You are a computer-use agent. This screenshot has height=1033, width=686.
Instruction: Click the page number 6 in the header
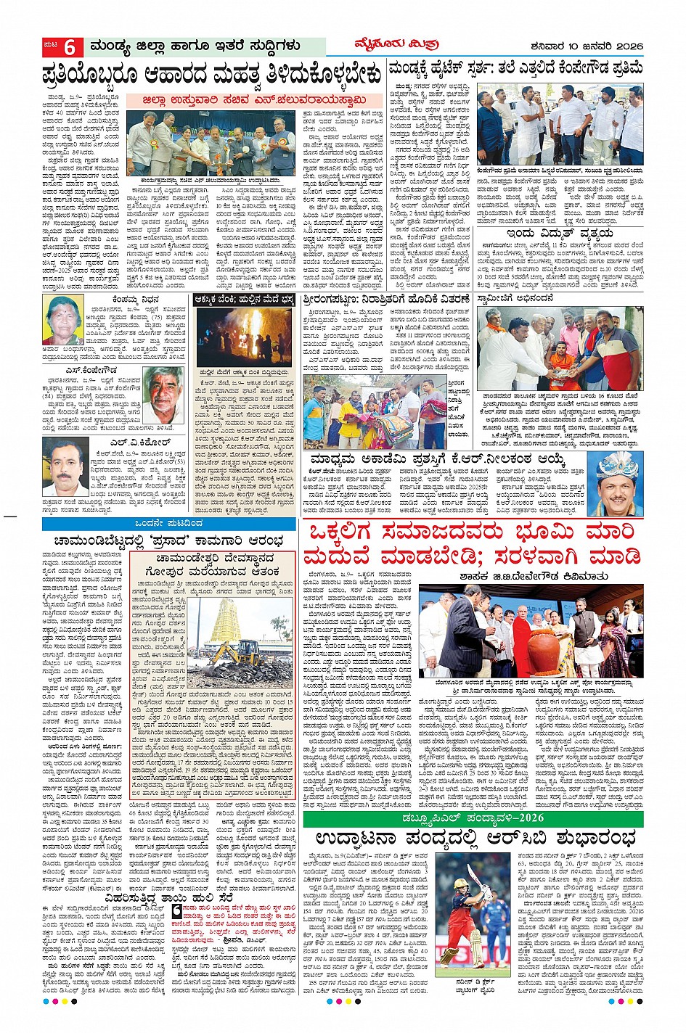70,47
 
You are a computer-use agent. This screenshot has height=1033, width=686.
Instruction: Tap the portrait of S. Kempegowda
163,395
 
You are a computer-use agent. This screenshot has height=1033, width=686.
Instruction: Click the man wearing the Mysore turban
616,483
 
